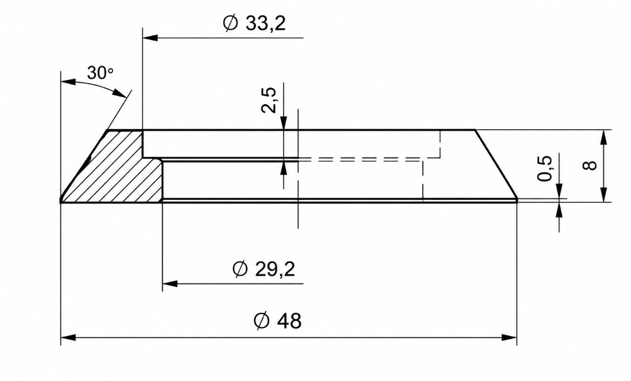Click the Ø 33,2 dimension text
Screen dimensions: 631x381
point(254,23)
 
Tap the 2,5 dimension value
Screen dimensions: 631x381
point(269,100)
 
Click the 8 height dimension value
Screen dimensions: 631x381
point(591,165)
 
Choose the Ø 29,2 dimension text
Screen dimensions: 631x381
point(264,269)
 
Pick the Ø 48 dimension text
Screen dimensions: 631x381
point(278,321)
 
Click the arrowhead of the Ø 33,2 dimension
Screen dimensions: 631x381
point(150,38)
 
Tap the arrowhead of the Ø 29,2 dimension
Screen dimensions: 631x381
point(170,284)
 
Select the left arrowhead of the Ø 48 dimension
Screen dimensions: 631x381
point(68,337)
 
